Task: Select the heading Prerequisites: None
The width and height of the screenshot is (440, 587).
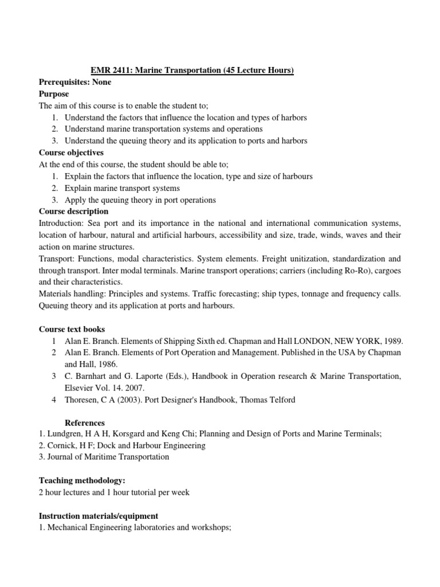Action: click(x=75, y=82)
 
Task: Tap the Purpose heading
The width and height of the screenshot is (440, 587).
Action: click(x=54, y=94)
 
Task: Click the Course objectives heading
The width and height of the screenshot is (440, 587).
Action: click(x=71, y=152)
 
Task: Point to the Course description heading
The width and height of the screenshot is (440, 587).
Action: click(x=73, y=211)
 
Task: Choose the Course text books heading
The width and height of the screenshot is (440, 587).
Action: click(x=72, y=329)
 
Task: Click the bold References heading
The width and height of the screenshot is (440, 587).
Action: click(x=85, y=422)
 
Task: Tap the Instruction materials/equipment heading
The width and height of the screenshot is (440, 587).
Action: click(x=98, y=516)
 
